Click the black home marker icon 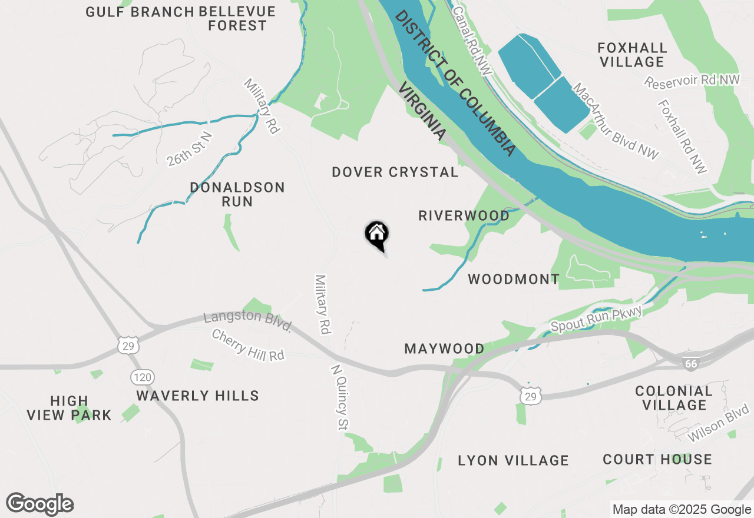(377, 235)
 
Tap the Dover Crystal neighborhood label (395, 172)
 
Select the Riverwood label (464, 215)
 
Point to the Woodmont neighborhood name (514, 279)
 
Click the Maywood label (444, 348)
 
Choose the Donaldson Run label (237, 194)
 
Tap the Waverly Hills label (197, 396)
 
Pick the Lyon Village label (513, 460)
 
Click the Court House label (657, 459)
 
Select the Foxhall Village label (631, 55)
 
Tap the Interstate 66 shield (691, 364)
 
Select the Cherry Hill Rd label (247, 345)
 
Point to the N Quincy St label (337, 396)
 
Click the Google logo (40, 504)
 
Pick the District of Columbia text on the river (455, 84)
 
